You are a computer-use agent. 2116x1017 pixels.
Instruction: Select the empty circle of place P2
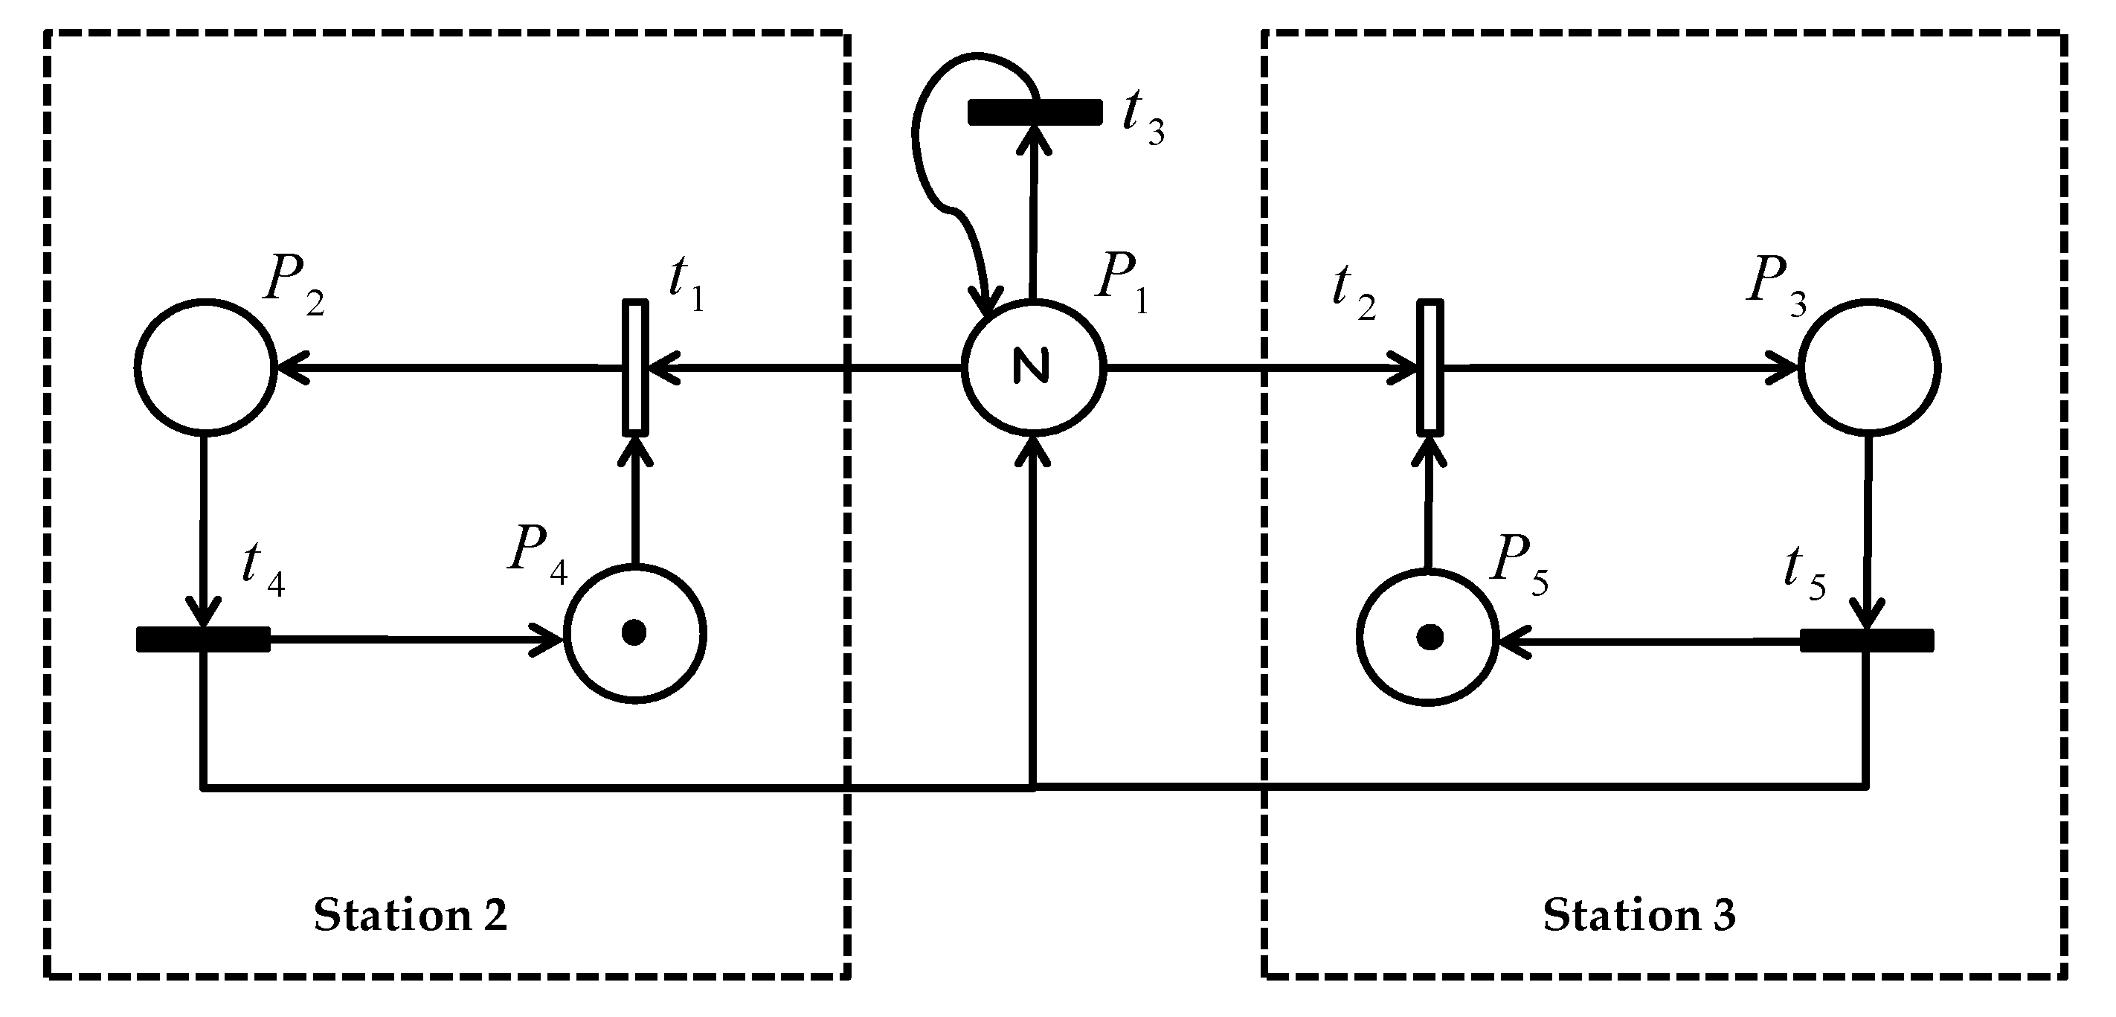click(x=205, y=366)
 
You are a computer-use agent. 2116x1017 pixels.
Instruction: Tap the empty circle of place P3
click(x=1869, y=366)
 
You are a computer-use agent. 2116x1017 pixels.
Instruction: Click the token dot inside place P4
click(x=634, y=632)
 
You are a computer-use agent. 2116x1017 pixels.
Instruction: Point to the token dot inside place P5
click(x=1430, y=637)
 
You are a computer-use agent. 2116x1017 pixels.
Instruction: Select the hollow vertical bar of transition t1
click(x=635, y=368)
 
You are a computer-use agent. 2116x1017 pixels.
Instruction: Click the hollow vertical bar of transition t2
click(x=1430, y=368)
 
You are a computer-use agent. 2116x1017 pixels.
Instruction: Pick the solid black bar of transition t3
click(x=1035, y=112)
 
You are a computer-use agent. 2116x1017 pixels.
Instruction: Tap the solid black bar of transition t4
click(x=203, y=639)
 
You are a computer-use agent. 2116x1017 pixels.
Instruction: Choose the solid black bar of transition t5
click(x=1866, y=640)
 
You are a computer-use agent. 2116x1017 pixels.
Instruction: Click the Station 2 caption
click(x=410, y=915)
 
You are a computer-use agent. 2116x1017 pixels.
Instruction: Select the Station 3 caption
click(x=1639, y=915)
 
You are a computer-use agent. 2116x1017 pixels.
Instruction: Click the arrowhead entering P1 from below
click(x=1033, y=452)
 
